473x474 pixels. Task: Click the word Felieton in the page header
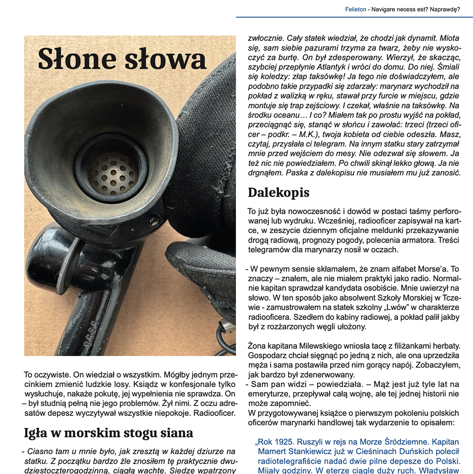(355, 9)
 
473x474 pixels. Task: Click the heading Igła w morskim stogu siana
(108, 432)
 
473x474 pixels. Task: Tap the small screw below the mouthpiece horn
(153, 220)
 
